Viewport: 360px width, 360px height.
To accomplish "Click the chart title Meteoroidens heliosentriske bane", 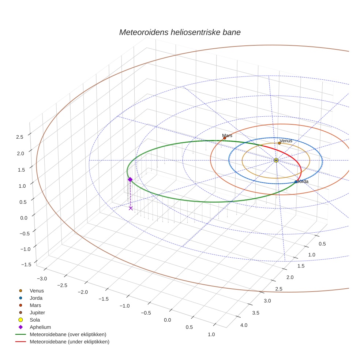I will [180, 32].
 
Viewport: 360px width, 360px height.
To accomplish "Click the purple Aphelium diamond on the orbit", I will [130, 179].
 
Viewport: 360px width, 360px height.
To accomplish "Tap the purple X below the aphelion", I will [131, 208].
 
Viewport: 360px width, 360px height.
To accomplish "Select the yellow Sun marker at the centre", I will [276, 160].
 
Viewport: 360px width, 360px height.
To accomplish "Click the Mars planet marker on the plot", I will [225, 138].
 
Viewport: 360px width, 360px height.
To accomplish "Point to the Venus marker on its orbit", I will [279, 143].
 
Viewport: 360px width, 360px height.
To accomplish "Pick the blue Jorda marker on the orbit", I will [296, 182].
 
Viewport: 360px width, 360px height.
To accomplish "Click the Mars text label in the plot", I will [227, 135].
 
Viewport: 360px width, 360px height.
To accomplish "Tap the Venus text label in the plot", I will [286, 140].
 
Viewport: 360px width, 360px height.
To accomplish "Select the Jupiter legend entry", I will [37, 312].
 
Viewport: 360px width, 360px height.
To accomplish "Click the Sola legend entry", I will [35, 320].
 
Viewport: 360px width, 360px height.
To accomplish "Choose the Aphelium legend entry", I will [40, 327].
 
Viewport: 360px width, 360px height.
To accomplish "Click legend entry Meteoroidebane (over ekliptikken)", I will [68, 334].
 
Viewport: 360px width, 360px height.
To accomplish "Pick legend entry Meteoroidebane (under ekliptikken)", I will [69, 342].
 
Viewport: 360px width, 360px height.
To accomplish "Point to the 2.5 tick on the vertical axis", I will [20, 137].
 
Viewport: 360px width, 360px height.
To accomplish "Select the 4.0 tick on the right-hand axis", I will [243, 325].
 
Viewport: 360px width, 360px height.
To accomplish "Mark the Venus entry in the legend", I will [37, 290].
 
